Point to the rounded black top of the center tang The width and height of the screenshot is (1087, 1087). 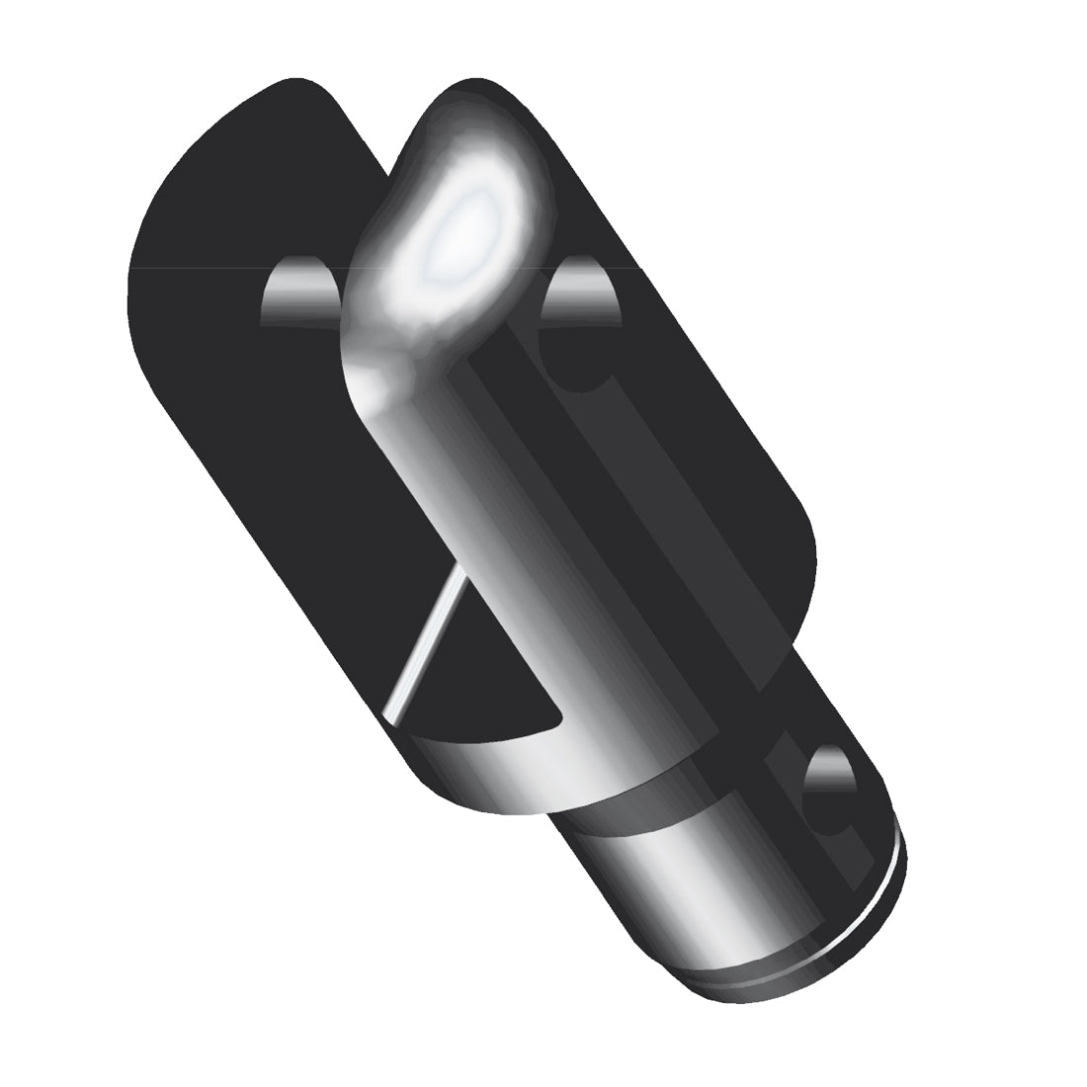tap(455, 109)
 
